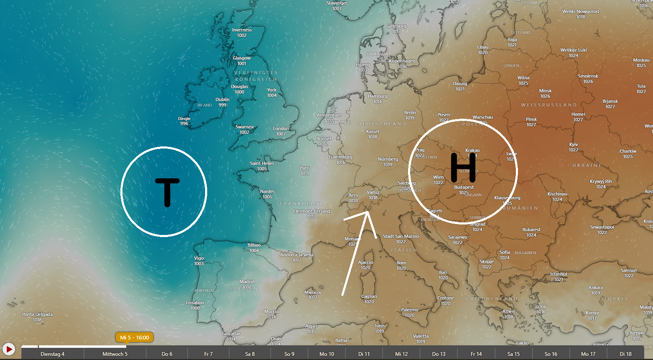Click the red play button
click(x=8, y=349)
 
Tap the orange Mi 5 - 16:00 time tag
click(x=134, y=337)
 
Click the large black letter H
click(x=463, y=168)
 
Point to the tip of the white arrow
click(x=368, y=211)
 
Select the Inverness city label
click(x=242, y=30)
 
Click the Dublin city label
click(x=222, y=99)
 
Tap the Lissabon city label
click(x=195, y=303)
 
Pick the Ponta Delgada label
click(x=37, y=314)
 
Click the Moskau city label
click(x=641, y=60)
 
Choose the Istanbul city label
click(x=558, y=274)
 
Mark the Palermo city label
click(x=409, y=310)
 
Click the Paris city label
click(x=304, y=168)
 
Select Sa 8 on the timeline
click(x=250, y=354)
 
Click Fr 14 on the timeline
click(x=476, y=354)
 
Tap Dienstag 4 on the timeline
click(x=52, y=354)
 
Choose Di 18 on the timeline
click(x=625, y=354)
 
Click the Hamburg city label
click(x=377, y=96)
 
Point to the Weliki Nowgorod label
click(x=580, y=11)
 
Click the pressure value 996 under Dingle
click(x=184, y=123)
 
